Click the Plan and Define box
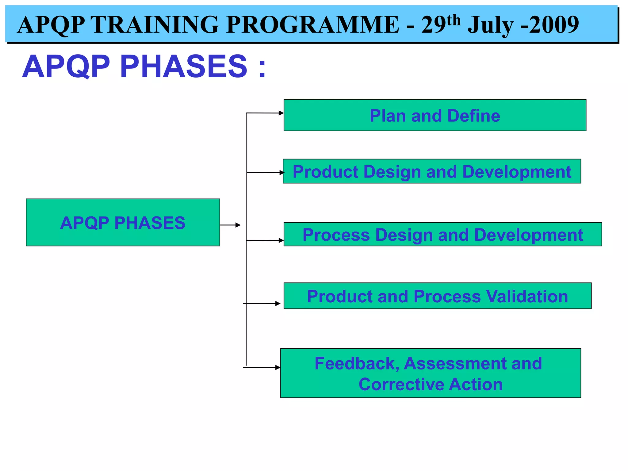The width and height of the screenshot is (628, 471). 435,115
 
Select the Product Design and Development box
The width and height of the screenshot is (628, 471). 431,171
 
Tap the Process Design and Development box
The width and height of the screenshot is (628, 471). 442,234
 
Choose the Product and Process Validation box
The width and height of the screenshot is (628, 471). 437,296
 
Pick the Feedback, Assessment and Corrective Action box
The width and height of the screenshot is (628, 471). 430,373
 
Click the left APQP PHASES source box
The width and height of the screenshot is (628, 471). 123,222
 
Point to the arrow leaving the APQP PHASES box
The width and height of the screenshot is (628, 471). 231,225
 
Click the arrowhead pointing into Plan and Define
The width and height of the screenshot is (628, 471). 281,113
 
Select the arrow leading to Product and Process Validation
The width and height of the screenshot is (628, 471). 262,304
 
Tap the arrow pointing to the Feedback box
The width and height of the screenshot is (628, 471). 262,367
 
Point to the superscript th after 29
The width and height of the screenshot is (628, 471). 454,20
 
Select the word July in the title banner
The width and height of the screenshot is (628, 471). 490,25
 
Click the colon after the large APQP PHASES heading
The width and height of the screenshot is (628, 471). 262,68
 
